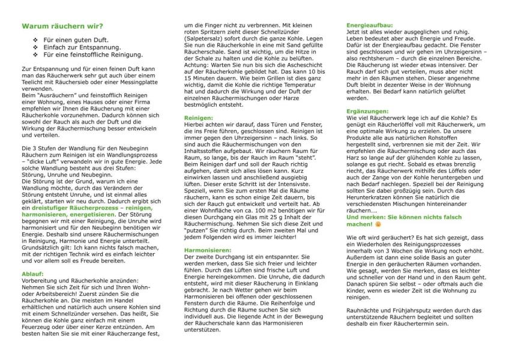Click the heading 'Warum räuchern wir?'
[62, 26]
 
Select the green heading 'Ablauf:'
[32, 273]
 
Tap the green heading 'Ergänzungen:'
[369, 112]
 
